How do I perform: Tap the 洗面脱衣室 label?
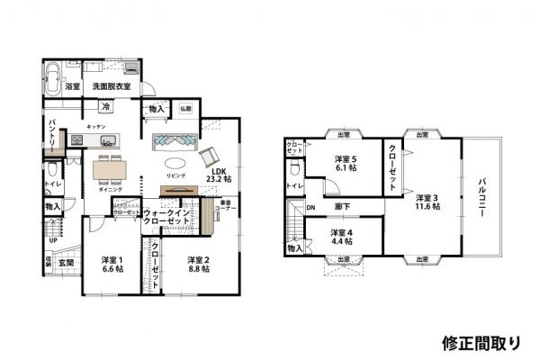tap(111, 86)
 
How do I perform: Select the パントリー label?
tap(54, 135)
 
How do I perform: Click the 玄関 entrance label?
tap(67, 263)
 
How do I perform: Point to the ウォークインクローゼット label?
tap(167, 217)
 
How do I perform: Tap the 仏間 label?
tap(184, 107)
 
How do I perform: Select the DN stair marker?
tap(310, 207)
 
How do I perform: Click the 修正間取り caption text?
tap(481, 342)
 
